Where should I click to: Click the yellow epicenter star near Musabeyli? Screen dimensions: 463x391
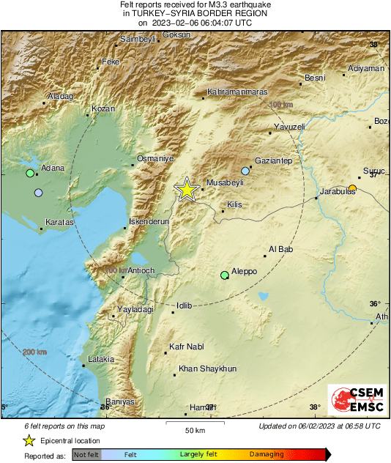coord(187,190)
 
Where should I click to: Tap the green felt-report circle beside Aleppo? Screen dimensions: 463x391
coord(225,275)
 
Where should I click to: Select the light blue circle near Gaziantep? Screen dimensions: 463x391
coord(245,171)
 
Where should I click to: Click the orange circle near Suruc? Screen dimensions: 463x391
coord(352,189)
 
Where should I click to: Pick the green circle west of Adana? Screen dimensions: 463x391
coord(30,174)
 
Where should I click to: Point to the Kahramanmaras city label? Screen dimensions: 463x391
coord(238,92)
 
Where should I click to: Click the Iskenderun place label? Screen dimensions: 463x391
coord(149,221)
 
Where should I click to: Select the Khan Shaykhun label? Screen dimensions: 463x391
coord(207,369)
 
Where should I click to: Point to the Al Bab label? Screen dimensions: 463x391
coord(280,250)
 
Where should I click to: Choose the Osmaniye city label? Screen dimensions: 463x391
coord(155,158)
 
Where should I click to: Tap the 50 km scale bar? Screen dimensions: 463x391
coord(194,423)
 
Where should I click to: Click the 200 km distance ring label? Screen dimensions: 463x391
coord(34,353)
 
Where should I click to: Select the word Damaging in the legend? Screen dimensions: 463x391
coord(267,455)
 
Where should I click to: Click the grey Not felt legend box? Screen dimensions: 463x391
coord(85,455)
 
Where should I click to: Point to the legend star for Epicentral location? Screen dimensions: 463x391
coord(29,440)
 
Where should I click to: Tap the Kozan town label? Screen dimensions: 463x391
coord(103,109)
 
